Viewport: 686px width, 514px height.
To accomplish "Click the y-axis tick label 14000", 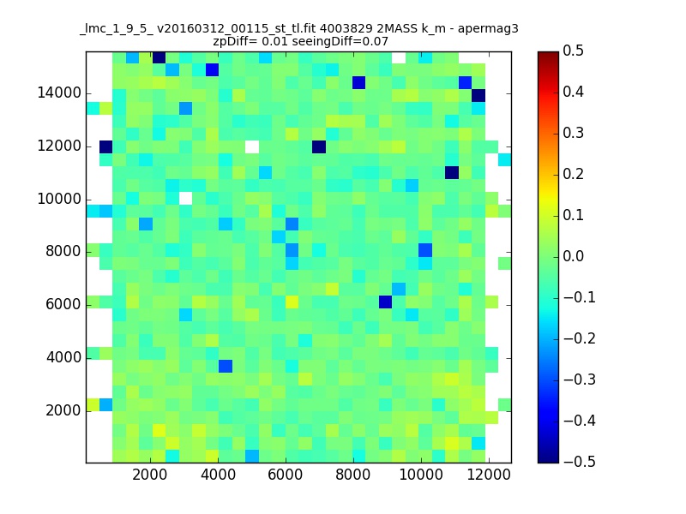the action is (59, 93).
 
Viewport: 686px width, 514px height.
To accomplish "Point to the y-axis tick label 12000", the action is (59, 146).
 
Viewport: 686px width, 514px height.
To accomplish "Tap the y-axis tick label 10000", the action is (59, 200).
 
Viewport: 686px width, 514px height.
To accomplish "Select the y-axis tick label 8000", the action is (63, 252).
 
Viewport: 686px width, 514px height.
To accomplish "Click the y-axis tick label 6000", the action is (63, 305).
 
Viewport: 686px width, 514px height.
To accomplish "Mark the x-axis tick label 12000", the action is (489, 475).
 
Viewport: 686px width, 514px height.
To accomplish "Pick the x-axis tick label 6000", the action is (286, 475).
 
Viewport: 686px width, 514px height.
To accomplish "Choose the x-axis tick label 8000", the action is (353, 475).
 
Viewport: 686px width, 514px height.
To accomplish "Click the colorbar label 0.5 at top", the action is (573, 51).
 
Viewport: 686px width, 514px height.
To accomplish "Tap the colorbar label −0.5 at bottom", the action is (580, 462).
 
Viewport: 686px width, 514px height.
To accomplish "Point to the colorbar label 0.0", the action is (573, 256).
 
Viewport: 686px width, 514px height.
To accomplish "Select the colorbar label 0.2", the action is (573, 174).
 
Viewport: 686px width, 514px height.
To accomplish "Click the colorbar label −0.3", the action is (580, 380).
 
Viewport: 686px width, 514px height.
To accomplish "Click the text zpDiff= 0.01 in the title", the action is (250, 42).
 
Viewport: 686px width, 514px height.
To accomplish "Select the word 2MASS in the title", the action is (396, 29).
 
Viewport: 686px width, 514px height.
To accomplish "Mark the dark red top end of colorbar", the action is (548, 54).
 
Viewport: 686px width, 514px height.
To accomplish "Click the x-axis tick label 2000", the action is (149, 475).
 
